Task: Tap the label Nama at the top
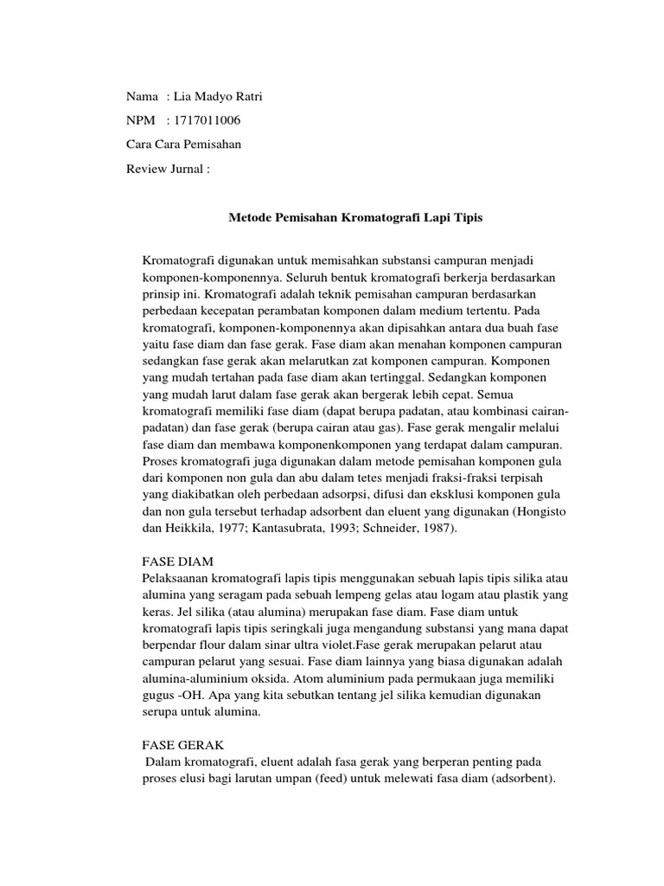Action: coord(142,96)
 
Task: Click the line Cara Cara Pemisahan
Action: coord(183,144)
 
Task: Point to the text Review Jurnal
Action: coord(168,169)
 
